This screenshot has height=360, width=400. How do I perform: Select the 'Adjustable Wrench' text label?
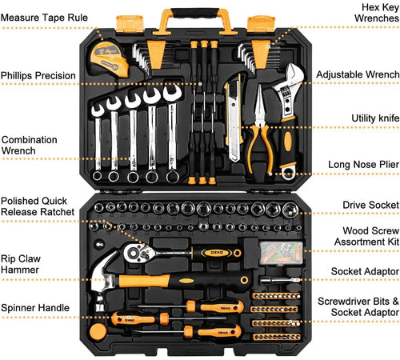(x=358, y=74)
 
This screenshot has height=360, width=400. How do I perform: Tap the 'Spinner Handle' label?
(x=35, y=306)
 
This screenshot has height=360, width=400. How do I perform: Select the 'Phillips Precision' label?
(x=38, y=76)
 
